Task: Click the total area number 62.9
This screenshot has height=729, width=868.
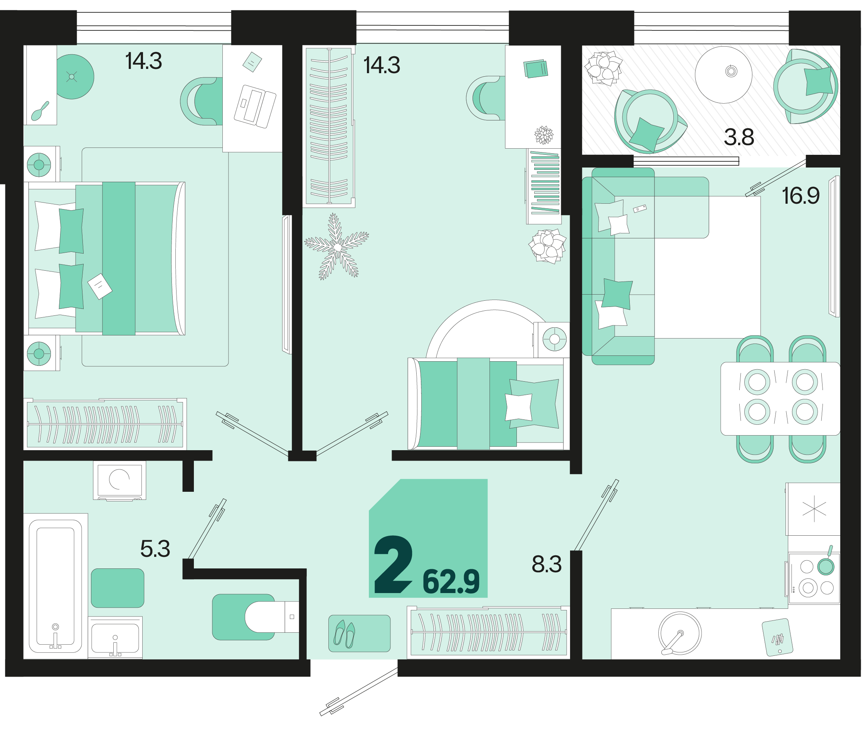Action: coord(451,582)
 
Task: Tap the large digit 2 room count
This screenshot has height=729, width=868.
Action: coord(393,565)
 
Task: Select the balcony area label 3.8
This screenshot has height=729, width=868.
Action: coord(739,137)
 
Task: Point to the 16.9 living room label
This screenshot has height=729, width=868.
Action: coord(801,196)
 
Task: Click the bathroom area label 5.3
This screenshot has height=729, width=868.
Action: coord(155,549)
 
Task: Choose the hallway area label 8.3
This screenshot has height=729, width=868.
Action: coord(547,565)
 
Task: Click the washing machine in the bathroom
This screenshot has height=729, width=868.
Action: coord(119,480)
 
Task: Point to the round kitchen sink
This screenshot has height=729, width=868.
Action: coord(680,633)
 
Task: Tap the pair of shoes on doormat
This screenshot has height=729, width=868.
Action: coord(345,634)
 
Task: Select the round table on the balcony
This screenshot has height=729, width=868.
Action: coord(723,75)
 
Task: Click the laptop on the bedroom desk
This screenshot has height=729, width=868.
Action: coord(255,106)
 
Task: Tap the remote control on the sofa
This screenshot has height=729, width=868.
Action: coord(640,209)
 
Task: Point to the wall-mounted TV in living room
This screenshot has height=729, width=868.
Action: coord(834,247)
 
